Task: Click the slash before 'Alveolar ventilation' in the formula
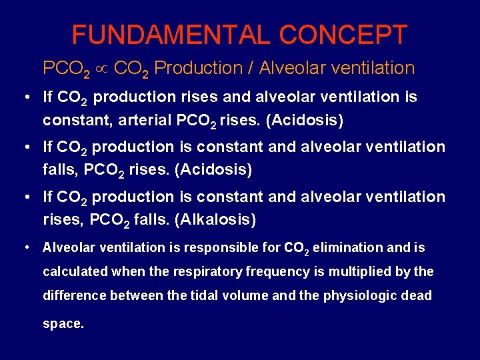(250, 68)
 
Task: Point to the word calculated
(74, 271)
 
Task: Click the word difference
(73, 295)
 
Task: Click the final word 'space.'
(63, 324)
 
